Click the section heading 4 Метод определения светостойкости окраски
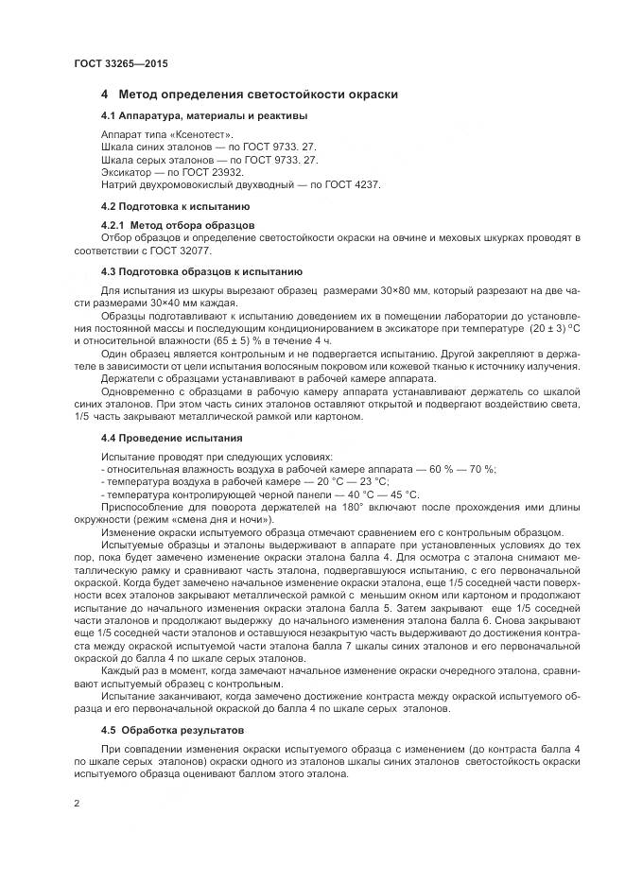(x=249, y=95)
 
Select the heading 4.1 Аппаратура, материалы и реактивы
(x=203, y=116)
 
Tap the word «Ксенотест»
(x=182, y=136)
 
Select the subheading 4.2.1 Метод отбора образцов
(x=177, y=226)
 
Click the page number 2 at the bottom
(x=76, y=804)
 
